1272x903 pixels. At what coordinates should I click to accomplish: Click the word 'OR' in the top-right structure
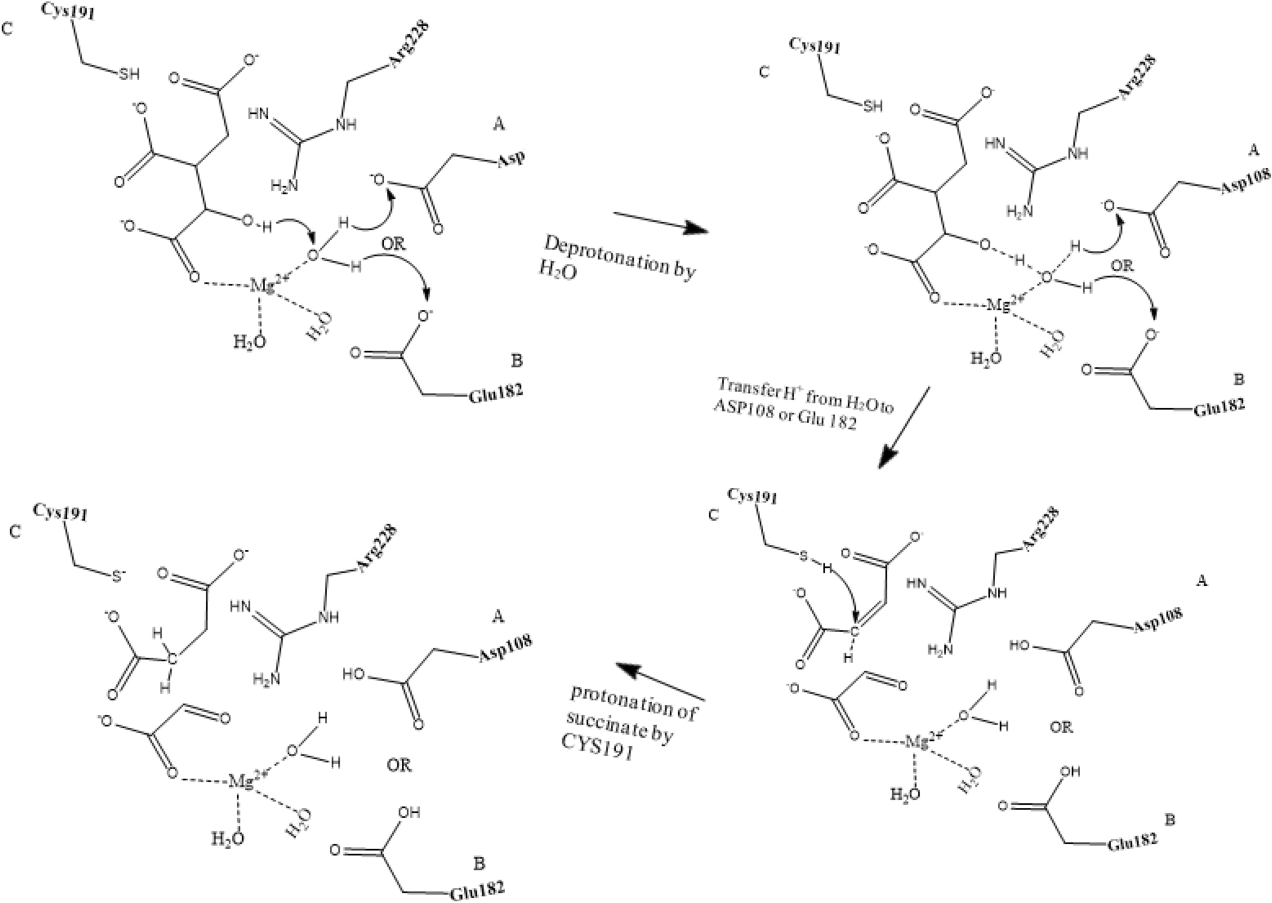(1122, 266)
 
